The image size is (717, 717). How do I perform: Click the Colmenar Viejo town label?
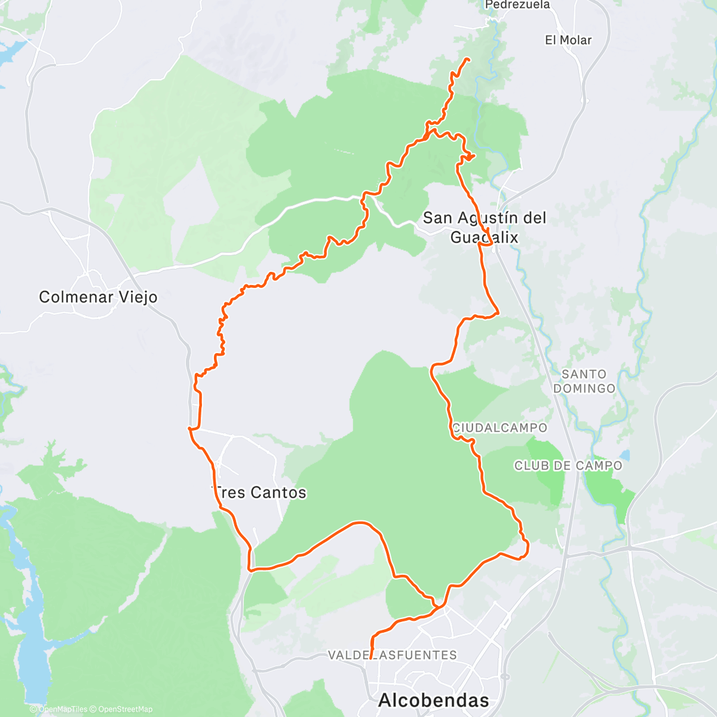click(x=98, y=297)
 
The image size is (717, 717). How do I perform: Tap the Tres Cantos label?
click(x=260, y=492)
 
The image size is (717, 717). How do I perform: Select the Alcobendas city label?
click(x=433, y=700)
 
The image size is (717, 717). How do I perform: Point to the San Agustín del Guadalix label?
click(x=485, y=228)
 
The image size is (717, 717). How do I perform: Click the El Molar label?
click(x=568, y=40)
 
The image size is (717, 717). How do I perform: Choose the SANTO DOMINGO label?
click(x=584, y=381)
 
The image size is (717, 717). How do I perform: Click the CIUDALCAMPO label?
click(x=500, y=428)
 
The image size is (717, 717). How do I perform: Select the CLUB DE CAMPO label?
click(x=568, y=465)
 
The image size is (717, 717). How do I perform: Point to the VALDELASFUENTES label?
click(x=393, y=655)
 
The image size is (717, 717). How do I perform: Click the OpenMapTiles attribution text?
click(x=62, y=709)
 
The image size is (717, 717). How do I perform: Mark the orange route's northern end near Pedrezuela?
click(x=467, y=59)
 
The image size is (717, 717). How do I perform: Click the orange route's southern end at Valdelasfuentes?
click(x=371, y=658)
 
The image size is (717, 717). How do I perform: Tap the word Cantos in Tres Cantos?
click(x=278, y=492)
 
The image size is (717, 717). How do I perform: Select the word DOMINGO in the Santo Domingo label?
click(x=584, y=388)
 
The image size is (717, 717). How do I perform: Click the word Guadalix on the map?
click(x=485, y=237)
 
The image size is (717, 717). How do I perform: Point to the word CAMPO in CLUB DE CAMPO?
click(x=599, y=465)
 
